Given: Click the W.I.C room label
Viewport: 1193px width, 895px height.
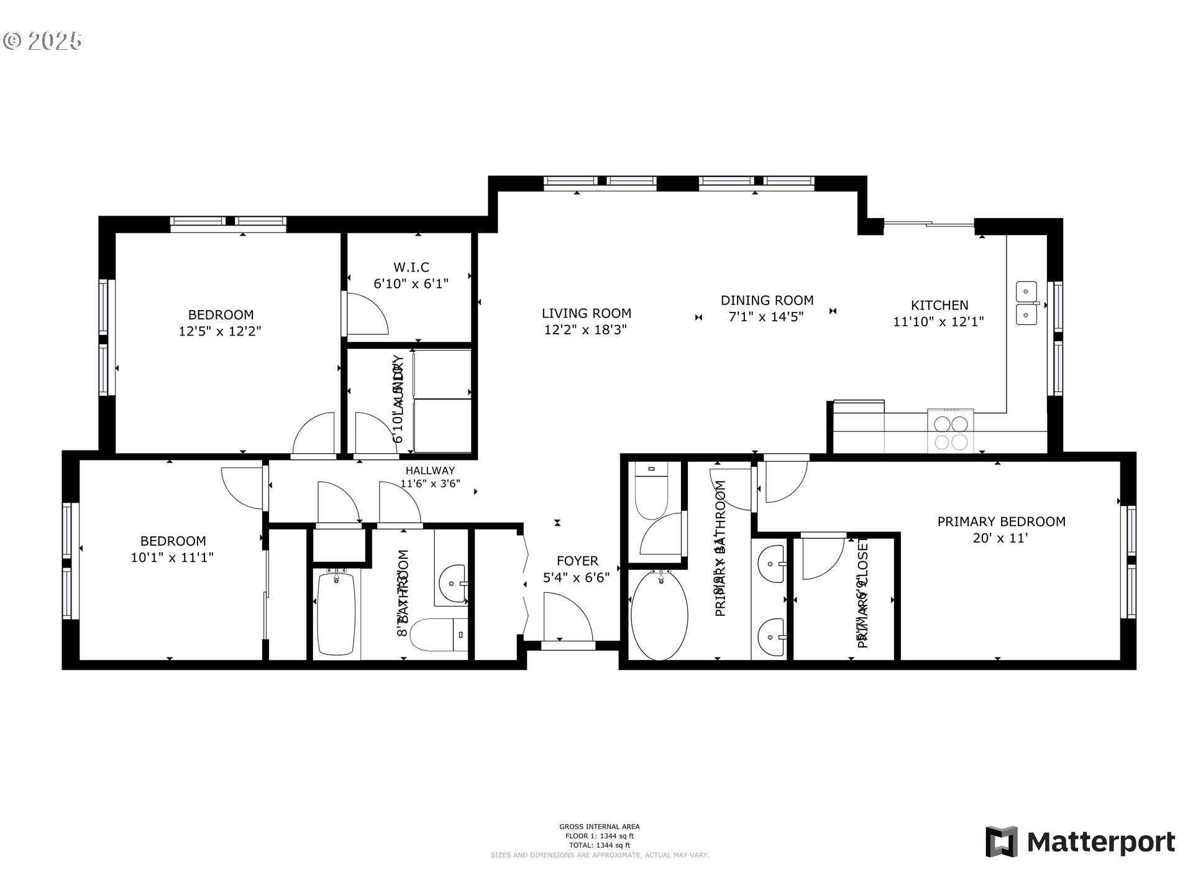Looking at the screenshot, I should click(411, 267).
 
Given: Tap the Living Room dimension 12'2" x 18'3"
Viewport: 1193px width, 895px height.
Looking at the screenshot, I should click(585, 330).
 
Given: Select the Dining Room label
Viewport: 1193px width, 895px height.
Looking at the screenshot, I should click(767, 300).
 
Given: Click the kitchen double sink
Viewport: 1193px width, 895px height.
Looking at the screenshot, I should click(1026, 303).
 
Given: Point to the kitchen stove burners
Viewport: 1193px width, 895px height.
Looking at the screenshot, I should click(951, 433).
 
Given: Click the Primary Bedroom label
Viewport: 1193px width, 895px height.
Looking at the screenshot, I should click(1001, 521).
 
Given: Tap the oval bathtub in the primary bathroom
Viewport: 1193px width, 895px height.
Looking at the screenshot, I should click(659, 615).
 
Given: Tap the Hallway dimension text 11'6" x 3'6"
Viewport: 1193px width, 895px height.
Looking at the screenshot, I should click(430, 484).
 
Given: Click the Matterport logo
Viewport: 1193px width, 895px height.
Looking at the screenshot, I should click(1080, 842).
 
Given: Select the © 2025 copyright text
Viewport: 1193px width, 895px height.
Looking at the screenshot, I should click(42, 41).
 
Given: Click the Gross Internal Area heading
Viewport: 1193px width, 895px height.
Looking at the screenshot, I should click(599, 827).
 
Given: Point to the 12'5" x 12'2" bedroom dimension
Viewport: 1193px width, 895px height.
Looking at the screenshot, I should click(220, 331).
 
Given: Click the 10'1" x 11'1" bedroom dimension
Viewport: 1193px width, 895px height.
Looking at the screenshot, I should click(172, 558).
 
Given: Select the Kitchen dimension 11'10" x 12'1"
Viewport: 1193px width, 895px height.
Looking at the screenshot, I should click(938, 322).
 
